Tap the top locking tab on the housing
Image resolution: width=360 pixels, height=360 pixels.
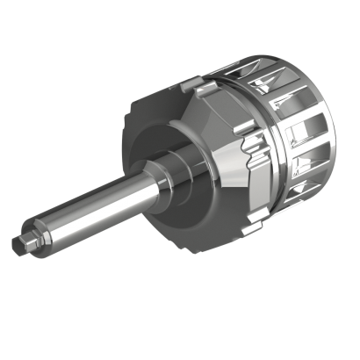click(x=199, y=88)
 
